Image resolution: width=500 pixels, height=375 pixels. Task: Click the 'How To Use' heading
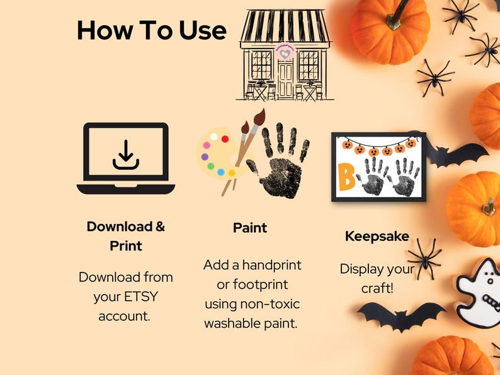click(x=151, y=30)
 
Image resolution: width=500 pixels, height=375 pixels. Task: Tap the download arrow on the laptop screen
click(x=125, y=155)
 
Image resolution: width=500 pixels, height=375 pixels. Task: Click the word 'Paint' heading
click(x=250, y=228)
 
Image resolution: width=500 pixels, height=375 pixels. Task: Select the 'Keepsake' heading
click(x=377, y=237)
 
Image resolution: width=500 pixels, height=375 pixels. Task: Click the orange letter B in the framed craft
click(x=346, y=178)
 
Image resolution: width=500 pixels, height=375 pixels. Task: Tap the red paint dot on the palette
click(x=225, y=139)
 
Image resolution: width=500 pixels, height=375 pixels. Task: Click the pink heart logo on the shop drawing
click(x=285, y=53)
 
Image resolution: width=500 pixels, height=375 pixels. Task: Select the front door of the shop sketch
click(x=285, y=80)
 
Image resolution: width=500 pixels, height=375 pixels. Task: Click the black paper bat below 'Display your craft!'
click(x=401, y=315)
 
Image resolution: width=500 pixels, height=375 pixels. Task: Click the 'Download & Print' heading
click(x=126, y=236)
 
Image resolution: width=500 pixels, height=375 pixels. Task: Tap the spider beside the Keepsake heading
click(x=424, y=257)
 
